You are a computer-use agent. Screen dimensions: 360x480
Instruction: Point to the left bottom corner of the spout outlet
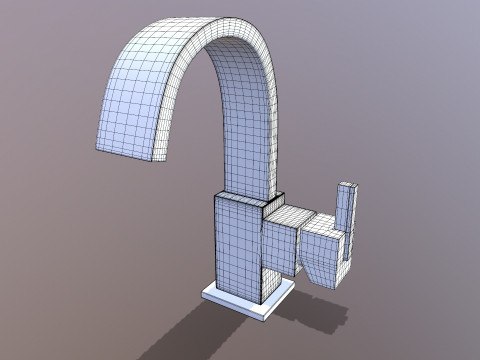click(x=97, y=151)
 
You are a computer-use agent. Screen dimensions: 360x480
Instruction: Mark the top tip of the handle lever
click(x=349, y=186)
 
